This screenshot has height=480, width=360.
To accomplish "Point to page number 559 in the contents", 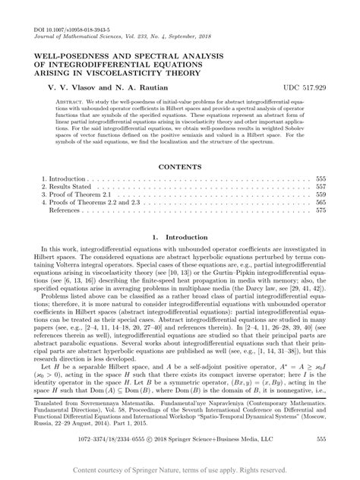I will pyautogui.click(x=321, y=215).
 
